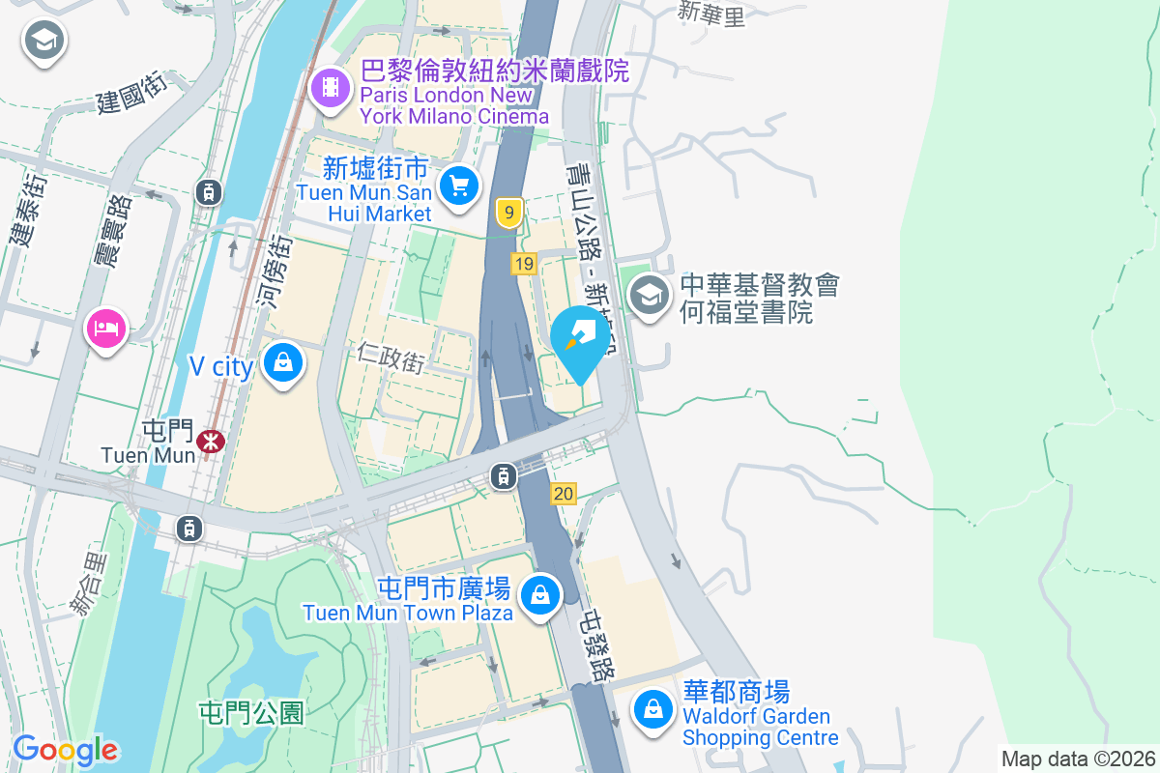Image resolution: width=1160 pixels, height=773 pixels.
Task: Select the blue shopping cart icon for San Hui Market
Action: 459,185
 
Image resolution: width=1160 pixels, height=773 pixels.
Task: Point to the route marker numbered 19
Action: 524,264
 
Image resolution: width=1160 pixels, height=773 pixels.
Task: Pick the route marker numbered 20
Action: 564,494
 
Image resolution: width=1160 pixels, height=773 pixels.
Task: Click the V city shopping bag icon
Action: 282,364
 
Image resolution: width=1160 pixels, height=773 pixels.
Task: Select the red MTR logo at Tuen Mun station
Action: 210,442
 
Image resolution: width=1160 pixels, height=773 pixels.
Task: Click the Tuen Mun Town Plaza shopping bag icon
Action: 539,594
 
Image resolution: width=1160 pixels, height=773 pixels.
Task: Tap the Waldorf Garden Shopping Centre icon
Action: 653,710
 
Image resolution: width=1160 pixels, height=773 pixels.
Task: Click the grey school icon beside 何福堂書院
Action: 650,294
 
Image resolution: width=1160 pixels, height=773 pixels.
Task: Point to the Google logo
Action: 65,750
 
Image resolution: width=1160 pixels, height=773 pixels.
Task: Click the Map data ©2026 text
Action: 1078,759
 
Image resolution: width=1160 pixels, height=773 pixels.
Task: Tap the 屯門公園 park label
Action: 251,713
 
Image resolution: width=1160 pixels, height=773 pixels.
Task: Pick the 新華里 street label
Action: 711,14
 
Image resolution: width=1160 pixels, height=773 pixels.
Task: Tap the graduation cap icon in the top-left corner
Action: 43,41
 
